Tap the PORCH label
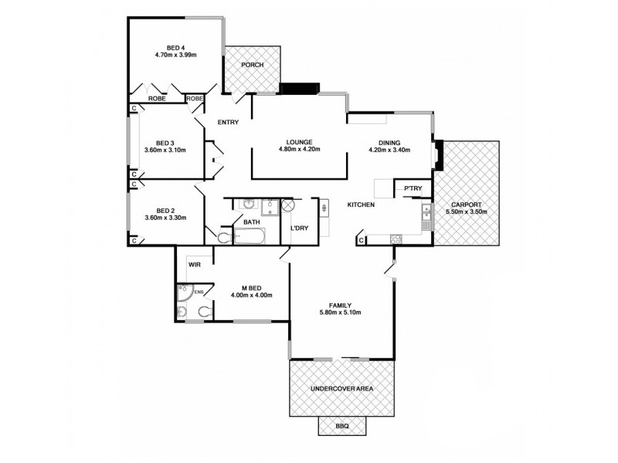point(252,65)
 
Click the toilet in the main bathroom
point(224,236)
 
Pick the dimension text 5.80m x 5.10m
point(340,313)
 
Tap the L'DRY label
point(300,228)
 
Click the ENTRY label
point(228,123)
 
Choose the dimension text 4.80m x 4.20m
point(299,150)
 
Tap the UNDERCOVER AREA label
point(341,389)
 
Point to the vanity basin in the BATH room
point(249,204)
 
